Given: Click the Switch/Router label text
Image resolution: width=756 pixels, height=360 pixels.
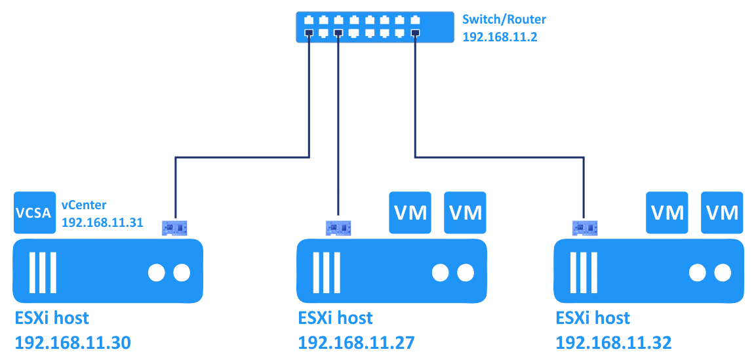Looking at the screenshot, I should (x=503, y=19).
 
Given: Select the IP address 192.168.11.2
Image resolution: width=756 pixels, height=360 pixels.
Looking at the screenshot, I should (x=500, y=37).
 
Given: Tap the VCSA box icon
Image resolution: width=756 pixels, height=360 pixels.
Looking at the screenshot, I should (x=34, y=212).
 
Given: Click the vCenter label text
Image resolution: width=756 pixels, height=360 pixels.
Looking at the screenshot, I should (x=83, y=205).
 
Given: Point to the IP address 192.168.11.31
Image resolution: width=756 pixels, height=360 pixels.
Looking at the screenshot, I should (x=102, y=222).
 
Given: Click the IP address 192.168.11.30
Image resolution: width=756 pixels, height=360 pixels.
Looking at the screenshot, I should (x=73, y=342).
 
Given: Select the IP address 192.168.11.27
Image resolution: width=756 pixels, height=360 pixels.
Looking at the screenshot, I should (x=356, y=342).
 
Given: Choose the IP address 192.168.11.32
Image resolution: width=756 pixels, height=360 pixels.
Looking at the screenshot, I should (x=613, y=342).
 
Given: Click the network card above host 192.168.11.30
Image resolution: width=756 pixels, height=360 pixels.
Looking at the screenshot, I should (x=174, y=228).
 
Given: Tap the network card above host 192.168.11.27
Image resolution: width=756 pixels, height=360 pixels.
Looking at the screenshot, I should (x=338, y=228).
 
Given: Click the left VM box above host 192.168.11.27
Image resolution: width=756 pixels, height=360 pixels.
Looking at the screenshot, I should (x=410, y=212).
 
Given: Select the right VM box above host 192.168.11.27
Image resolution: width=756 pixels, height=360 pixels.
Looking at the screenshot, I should (x=465, y=212).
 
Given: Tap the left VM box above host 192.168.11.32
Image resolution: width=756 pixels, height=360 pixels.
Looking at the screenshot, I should (x=667, y=212).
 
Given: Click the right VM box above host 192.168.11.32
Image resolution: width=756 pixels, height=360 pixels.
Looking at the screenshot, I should (x=722, y=212).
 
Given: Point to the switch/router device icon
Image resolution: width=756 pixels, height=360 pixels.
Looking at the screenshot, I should (x=374, y=27).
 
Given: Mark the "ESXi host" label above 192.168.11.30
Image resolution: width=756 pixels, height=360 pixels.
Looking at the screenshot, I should (x=52, y=319).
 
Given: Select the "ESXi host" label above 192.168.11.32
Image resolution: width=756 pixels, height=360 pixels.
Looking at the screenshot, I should (x=593, y=319).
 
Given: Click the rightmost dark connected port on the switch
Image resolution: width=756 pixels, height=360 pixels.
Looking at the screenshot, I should (x=415, y=33).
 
